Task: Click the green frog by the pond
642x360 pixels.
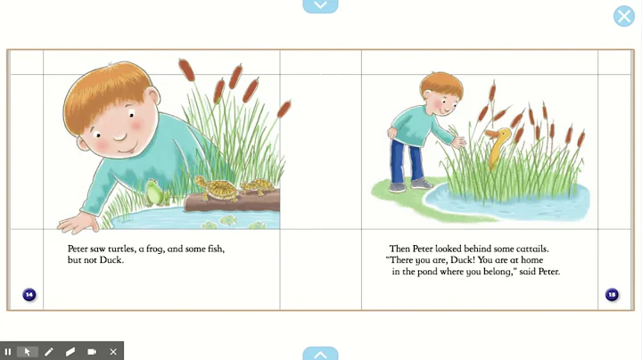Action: point(156,192)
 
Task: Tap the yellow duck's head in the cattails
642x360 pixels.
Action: point(499,135)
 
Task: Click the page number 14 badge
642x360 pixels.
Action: point(29,294)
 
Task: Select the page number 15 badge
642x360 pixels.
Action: point(612,294)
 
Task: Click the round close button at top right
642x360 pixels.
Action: point(624,16)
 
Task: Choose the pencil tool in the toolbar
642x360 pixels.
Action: point(49,352)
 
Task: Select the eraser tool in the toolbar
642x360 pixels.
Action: point(70,352)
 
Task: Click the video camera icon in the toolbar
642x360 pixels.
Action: point(92,352)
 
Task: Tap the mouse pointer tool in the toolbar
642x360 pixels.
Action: point(28,352)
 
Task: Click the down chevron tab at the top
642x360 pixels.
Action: point(321,5)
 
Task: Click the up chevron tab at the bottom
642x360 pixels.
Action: point(321,355)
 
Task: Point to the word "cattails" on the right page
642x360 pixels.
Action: point(531,249)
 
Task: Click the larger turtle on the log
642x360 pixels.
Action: point(217,188)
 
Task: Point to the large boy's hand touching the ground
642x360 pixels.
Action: point(78,222)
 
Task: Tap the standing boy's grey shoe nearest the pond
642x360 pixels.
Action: point(421,184)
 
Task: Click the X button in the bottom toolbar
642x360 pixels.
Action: point(113,352)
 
